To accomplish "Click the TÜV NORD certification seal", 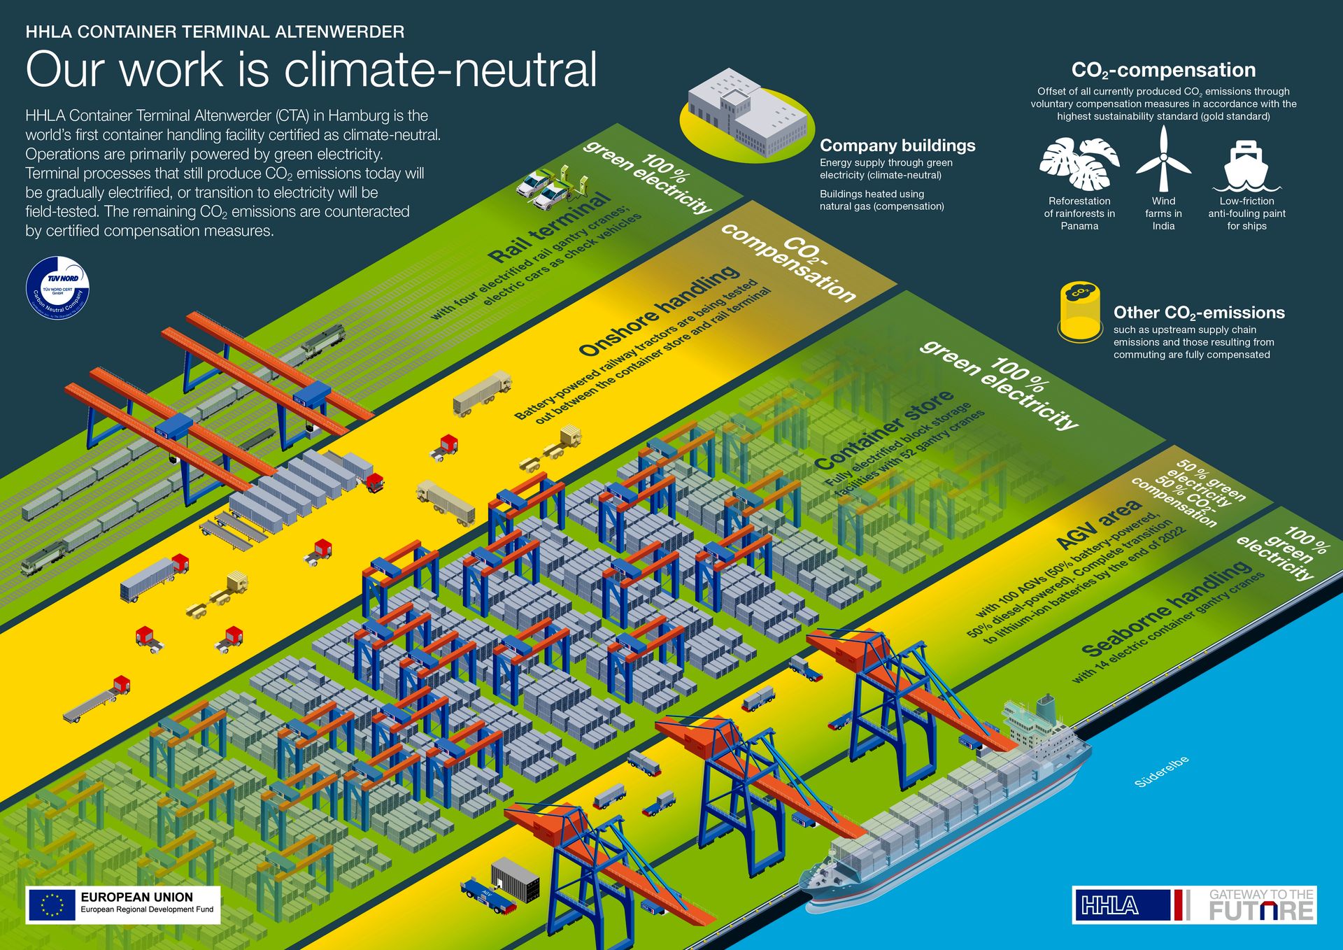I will coord(58,288).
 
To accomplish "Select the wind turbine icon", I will coord(1163,159).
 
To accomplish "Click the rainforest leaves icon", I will coord(1079,164).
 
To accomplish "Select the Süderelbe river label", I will coord(1161,772).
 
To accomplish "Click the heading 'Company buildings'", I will coord(897,146).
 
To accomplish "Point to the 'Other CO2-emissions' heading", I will coord(1199,313).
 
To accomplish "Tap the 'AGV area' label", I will coord(1099,524).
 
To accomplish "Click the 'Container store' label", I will coord(885,429).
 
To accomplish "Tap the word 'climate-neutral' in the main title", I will coord(441,70).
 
